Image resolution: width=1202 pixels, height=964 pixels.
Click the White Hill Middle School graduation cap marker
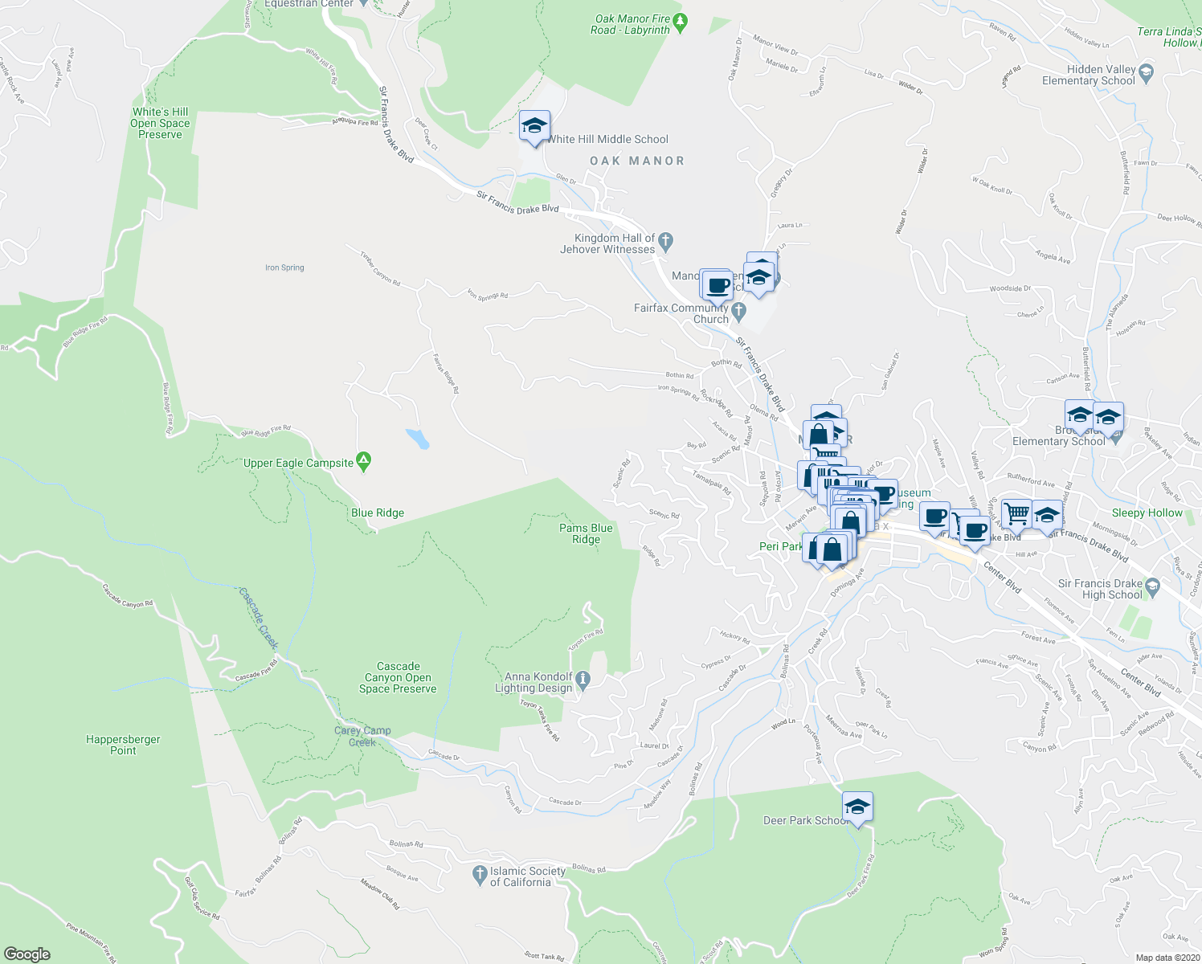(x=534, y=126)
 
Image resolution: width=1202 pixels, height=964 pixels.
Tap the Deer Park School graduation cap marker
(x=857, y=807)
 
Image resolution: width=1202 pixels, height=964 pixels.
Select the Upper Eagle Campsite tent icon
(x=363, y=462)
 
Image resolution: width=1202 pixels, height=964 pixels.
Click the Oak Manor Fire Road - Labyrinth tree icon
(x=681, y=22)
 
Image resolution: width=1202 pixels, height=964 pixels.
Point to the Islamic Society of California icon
(x=480, y=873)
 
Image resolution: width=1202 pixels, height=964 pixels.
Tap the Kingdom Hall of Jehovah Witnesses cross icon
(x=665, y=240)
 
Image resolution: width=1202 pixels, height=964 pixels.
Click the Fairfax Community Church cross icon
(x=739, y=310)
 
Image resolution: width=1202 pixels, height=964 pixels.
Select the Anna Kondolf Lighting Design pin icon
(x=584, y=681)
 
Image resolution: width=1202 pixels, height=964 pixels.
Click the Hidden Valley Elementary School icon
(x=1147, y=74)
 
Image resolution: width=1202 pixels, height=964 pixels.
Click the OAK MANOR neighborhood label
(x=637, y=161)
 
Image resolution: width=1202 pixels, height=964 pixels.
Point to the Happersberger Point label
(x=123, y=745)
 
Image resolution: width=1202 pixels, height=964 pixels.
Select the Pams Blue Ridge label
(x=586, y=533)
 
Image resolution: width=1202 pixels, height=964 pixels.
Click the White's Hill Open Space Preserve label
(x=160, y=123)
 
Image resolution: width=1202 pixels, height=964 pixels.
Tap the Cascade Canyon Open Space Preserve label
(x=398, y=677)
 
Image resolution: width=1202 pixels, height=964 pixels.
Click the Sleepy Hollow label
(x=1147, y=513)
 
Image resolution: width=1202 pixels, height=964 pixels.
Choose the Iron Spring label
(x=284, y=268)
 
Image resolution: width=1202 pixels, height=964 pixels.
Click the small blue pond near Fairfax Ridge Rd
(x=417, y=439)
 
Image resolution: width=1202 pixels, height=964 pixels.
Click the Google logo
(x=27, y=954)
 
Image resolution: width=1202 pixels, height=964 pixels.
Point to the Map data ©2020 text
(x=1166, y=958)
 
